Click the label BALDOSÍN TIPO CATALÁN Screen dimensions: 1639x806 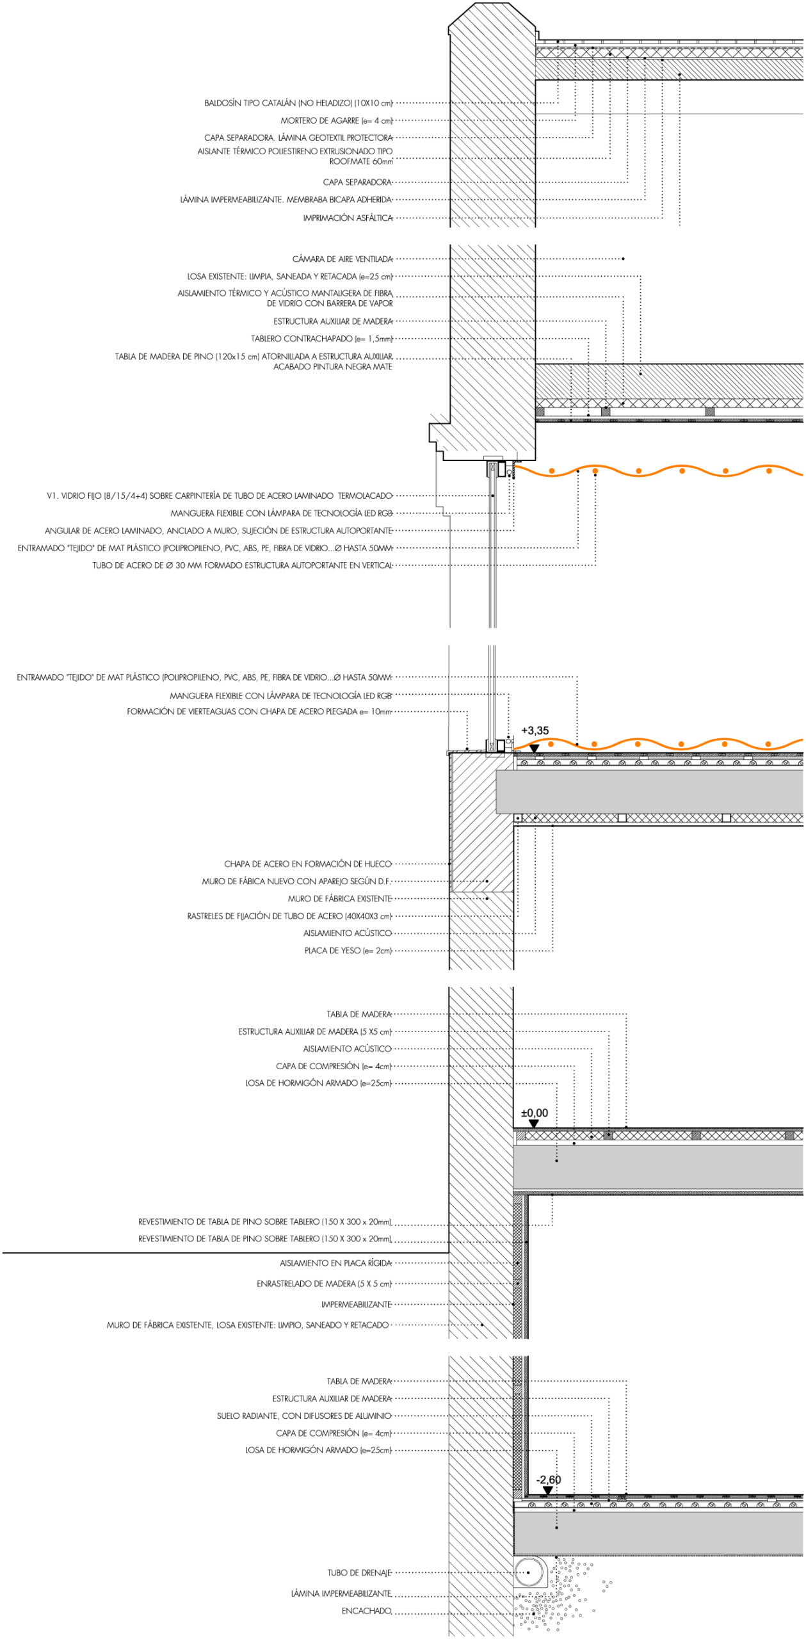298,103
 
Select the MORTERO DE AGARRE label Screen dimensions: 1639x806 336,120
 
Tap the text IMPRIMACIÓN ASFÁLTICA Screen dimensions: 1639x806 348,218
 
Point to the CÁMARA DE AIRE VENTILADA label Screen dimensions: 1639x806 343,259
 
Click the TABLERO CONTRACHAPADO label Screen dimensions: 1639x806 321,339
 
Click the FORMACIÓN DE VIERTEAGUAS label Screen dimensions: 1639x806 259,712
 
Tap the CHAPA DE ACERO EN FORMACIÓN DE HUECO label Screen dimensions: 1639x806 308,864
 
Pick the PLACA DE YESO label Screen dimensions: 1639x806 348,951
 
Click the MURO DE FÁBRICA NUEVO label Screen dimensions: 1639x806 296,882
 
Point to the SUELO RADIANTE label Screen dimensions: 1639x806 304,1416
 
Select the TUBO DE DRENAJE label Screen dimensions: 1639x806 359,1573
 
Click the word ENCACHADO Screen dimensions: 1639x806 366,1611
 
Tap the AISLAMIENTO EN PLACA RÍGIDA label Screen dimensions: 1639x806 335,1263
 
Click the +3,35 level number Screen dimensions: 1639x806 535,731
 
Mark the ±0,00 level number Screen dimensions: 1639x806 535,1113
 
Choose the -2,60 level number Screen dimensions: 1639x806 548,1480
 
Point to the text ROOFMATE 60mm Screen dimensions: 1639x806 361,162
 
